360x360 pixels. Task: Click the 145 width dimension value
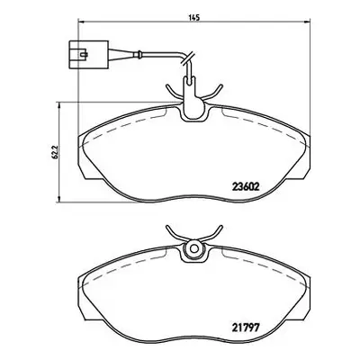194,17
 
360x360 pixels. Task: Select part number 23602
246,187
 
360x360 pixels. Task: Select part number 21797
246,328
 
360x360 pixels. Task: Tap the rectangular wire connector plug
88,54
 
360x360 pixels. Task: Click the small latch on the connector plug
84,54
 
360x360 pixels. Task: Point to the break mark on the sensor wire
188,58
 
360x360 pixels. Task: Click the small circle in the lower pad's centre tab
194,248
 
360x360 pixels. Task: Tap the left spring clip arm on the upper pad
173,91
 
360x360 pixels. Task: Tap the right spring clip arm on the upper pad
212,91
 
